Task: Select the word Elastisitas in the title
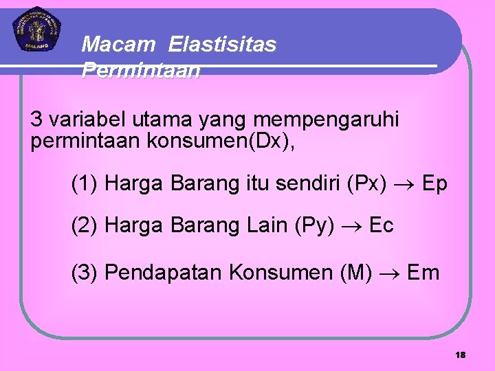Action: (x=221, y=45)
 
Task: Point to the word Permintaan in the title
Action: (x=141, y=70)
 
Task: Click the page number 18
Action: (x=460, y=355)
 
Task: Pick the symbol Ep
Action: (x=434, y=184)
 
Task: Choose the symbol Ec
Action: (x=382, y=225)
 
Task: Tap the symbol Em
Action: (x=423, y=273)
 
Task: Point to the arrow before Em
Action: (x=390, y=273)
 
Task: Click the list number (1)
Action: (x=85, y=184)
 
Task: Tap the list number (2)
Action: (x=85, y=225)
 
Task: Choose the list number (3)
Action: (x=85, y=273)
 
